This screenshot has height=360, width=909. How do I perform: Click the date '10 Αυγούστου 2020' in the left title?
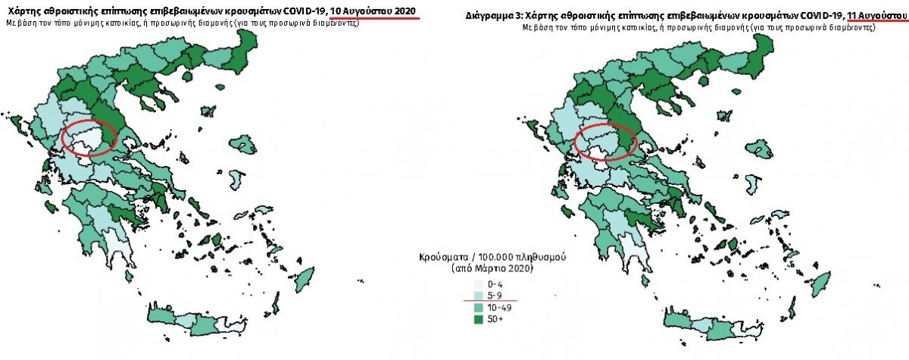click(373, 11)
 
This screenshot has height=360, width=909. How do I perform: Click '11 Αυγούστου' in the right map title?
click(877, 15)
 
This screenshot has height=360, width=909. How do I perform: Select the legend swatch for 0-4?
click(479, 284)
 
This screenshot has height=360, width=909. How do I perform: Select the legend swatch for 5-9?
click(479, 296)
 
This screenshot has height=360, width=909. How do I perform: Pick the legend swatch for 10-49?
click(479, 308)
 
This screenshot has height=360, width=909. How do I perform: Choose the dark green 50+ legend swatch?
click(479, 319)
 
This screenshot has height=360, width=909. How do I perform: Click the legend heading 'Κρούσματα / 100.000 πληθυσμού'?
click(492, 258)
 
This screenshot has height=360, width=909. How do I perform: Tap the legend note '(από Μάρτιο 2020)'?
click(492, 268)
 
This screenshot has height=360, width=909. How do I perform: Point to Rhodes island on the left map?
click(305, 278)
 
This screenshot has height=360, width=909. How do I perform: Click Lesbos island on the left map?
click(242, 145)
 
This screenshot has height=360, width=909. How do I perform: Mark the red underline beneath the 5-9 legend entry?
click(490, 301)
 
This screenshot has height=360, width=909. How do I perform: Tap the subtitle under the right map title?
click(698, 27)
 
